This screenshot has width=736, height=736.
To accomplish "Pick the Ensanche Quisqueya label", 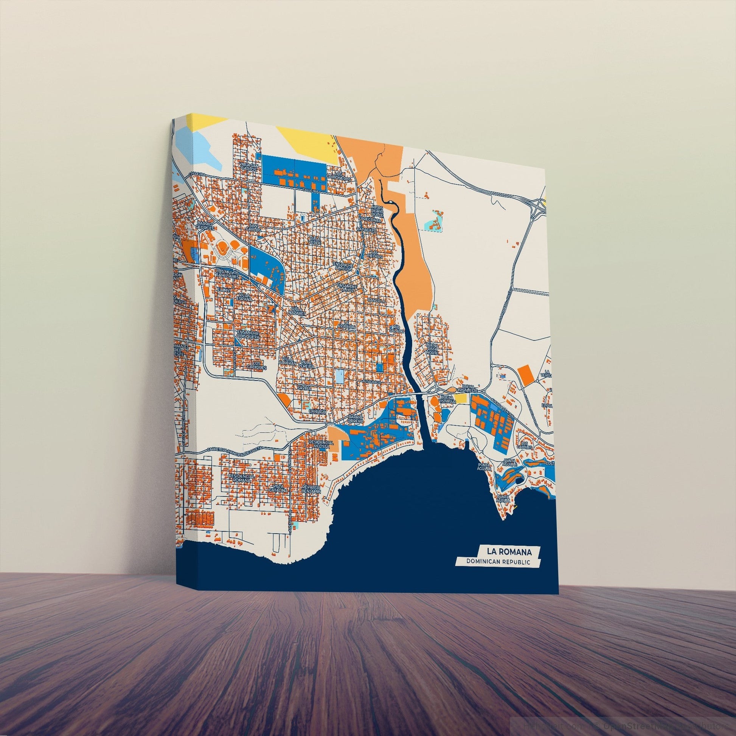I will coord(248,334).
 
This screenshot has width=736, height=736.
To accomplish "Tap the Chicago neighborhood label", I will coord(317,412).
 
